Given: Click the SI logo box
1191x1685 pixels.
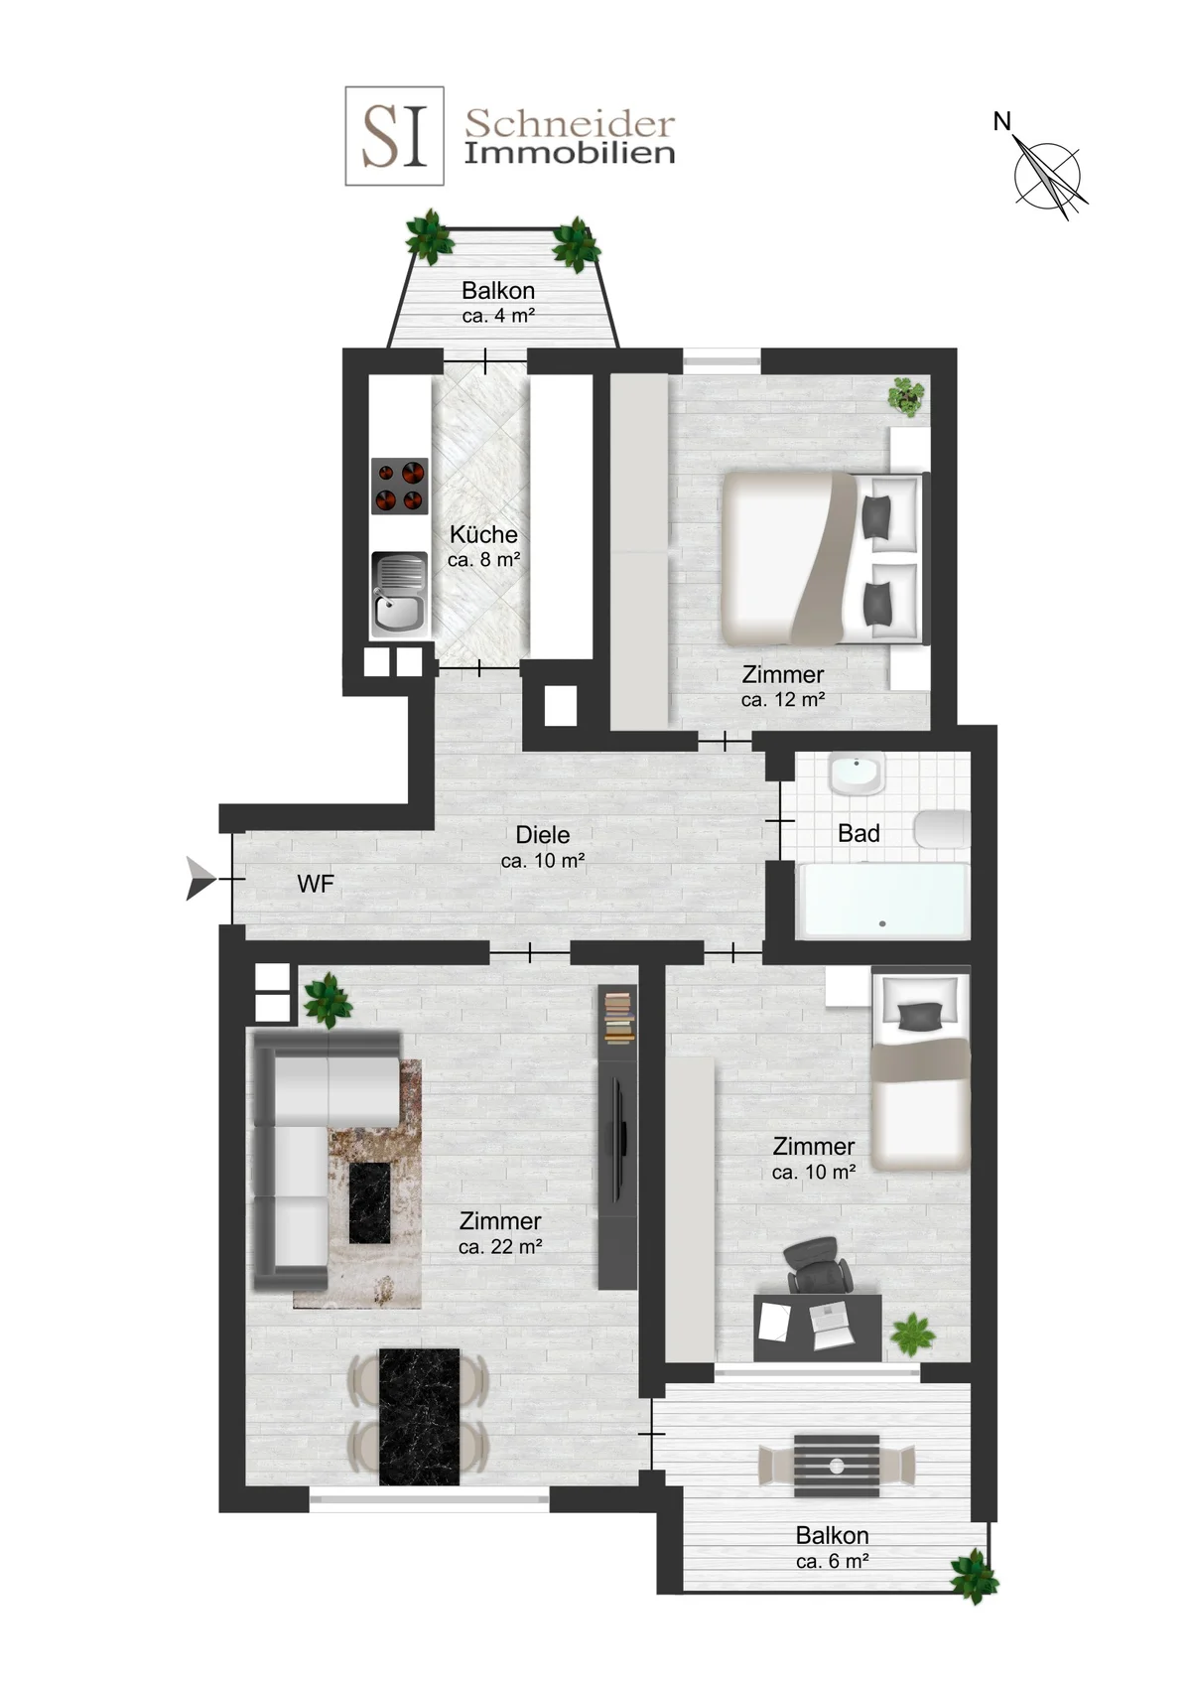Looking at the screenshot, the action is (394, 136).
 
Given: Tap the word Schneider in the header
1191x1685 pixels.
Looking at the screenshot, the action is (569, 123).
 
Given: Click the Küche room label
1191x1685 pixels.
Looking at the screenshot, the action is (483, 535).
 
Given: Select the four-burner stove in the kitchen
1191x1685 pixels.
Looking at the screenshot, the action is (400, 486).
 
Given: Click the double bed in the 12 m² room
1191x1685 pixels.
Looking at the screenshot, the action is (825, 558).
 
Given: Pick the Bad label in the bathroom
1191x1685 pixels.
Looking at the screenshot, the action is (859, 833).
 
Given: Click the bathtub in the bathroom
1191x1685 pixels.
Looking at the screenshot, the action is (882, 902).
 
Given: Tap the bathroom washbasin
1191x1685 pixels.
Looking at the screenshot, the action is (857, 774).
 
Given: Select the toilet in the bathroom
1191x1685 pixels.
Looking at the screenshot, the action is (941, 830).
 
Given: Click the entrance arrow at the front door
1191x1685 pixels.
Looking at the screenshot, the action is (200, 879).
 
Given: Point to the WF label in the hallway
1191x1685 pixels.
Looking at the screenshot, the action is (315, 884).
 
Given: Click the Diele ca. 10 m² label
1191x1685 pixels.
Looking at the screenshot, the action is (543, 847).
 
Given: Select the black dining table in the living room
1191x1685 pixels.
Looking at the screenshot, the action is (420, 1417).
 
